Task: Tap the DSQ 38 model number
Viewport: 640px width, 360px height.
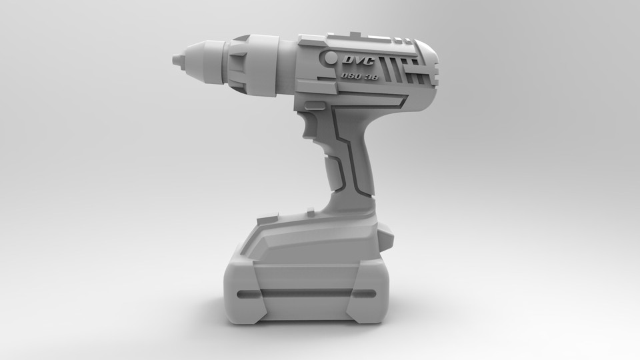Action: [x=358, y=76]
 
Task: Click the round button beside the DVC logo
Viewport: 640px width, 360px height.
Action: [x=330, y=58]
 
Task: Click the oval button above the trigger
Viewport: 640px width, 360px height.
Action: [x=315, y=103]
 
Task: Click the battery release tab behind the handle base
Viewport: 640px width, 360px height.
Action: [x=387, y=235]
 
